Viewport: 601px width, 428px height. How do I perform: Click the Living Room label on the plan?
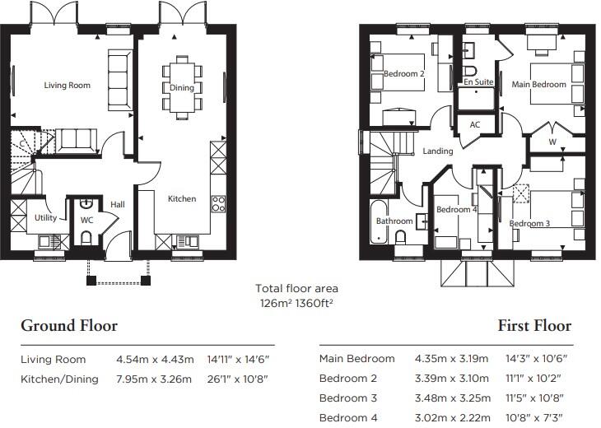click(68, 85)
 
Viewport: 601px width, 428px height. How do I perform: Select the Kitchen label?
click(182, 198)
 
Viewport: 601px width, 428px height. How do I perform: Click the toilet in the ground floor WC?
click(86, 238)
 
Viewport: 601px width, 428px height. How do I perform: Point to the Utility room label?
click(45, 218)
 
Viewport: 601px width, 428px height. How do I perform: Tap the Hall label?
click(117, 205)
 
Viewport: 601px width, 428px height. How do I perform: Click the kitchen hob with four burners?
click(218, 203)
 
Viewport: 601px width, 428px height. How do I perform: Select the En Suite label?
click(478, 82)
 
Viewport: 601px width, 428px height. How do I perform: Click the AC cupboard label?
click(475, 125)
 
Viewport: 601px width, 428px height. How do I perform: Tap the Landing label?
click(438, 151)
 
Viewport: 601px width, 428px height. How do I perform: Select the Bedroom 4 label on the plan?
click(456, 210)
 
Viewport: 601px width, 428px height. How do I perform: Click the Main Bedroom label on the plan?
click(538, 84)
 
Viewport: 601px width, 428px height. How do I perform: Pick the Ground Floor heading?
click(69, 325)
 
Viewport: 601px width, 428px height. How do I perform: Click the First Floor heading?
click(533, 325)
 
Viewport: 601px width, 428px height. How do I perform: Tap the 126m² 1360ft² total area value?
click(297, 302)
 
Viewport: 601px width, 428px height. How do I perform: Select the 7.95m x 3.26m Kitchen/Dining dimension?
click(155, 379)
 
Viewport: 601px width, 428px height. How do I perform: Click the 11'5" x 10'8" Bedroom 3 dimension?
click(539, 399)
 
